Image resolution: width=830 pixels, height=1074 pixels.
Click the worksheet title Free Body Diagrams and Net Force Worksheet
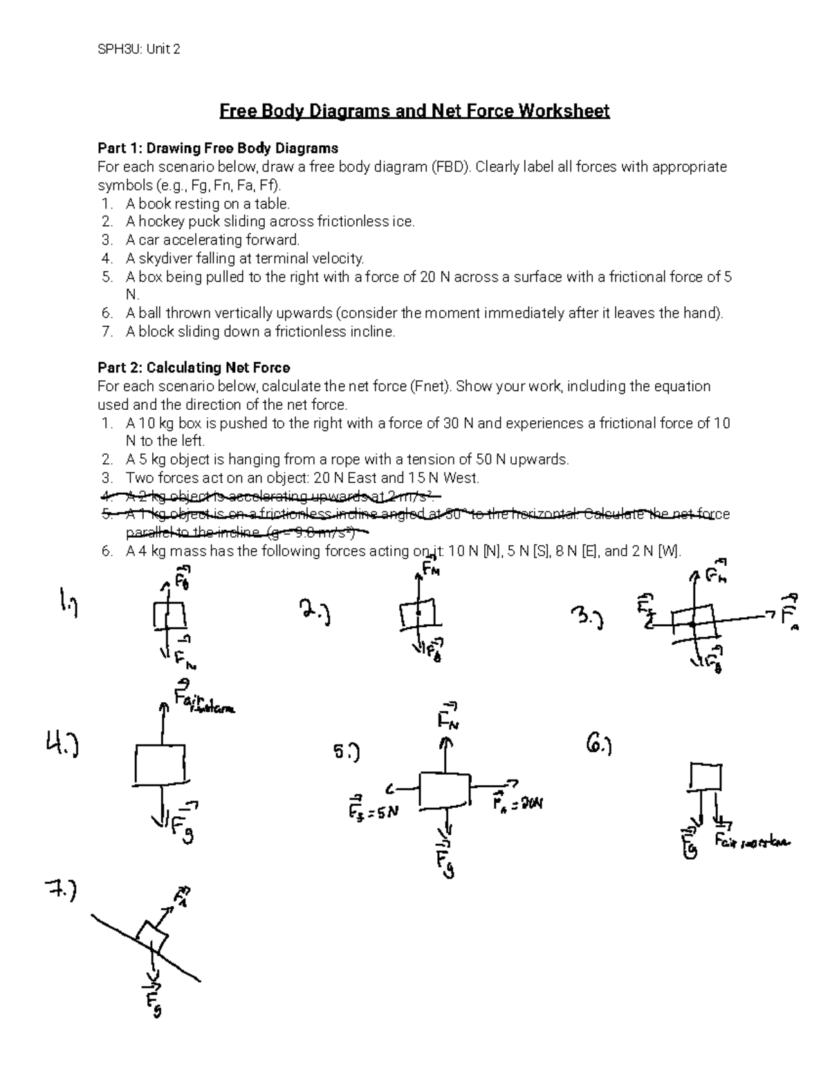[x=414, y=111]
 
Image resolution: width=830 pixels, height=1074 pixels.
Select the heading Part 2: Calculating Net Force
[x=194, y=368]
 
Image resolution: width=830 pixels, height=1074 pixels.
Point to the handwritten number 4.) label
[x=62, y=746]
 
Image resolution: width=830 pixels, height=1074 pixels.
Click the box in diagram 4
[x=160, y=764]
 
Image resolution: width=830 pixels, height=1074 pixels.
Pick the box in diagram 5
[x=444, y=788]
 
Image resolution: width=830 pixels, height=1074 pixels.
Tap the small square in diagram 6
[x=705, y=777]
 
